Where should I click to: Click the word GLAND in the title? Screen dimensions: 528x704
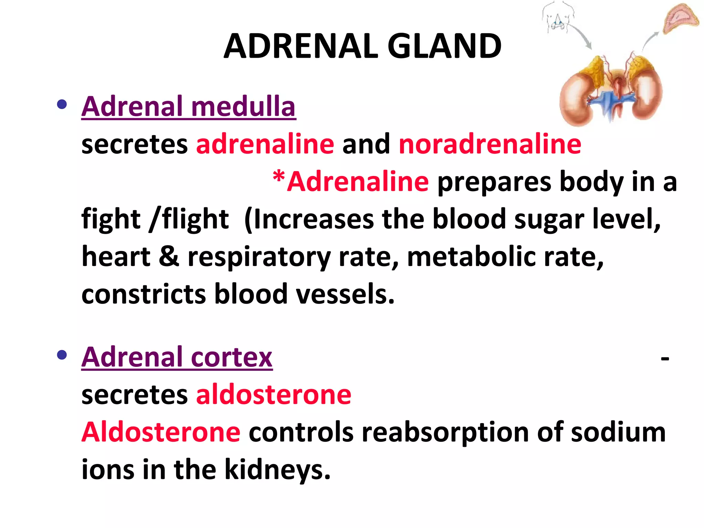[x=444, y=46]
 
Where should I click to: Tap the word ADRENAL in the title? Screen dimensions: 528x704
[x=301, y=46]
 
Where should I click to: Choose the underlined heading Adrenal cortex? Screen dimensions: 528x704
[x=177, y=357]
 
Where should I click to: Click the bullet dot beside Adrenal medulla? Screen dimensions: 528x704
[x=62, y=104]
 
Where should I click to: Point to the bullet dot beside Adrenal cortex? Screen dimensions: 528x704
[x=62, y=355]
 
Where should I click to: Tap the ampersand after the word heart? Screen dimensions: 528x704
[x=169, y=256]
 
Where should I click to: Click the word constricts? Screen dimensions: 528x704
[x=144, y=294]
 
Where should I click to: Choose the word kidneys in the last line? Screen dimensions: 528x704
[x=277, y=470]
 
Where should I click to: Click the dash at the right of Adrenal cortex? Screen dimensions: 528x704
[x=665, y=359]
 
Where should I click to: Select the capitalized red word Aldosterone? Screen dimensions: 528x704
[x=161, y=432]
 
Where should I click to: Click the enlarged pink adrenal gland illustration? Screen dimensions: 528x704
[x=680, y=19]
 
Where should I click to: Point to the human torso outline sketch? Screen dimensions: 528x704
[x=558, y=16]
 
